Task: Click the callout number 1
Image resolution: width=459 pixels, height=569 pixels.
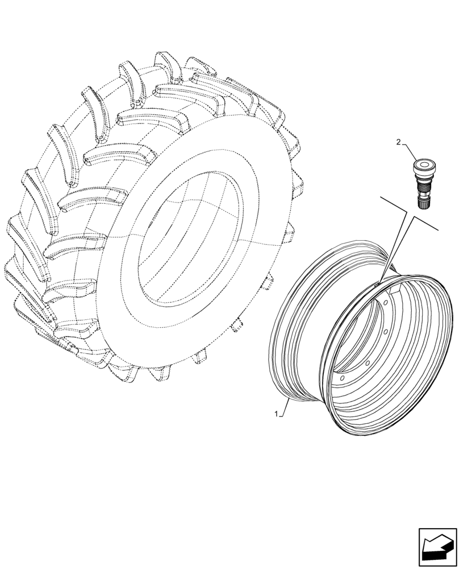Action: (277, 415)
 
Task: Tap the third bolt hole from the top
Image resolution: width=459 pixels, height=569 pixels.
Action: (367, 362)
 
